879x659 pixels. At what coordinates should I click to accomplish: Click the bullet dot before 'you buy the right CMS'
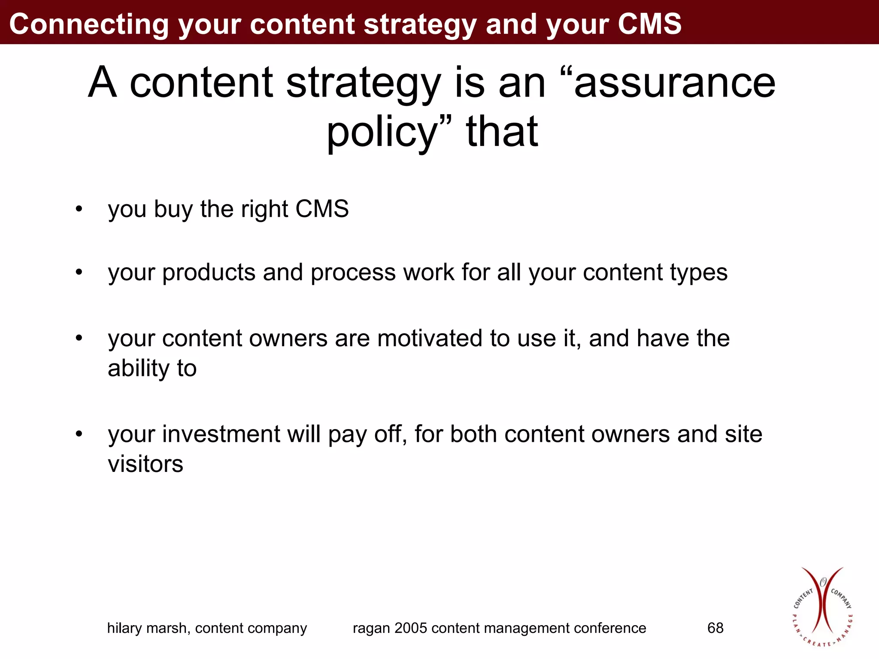point(79,209)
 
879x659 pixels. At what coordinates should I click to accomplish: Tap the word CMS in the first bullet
point(322,209)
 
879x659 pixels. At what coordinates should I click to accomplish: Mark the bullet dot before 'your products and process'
point(79,272)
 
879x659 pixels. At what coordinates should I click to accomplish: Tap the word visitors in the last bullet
point(145,464)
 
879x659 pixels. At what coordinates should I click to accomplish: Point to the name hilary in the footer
point(124,628)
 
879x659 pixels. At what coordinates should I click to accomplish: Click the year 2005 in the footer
point(411,628)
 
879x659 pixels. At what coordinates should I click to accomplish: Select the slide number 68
point(715,628)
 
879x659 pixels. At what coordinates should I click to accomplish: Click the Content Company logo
point(822,607)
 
